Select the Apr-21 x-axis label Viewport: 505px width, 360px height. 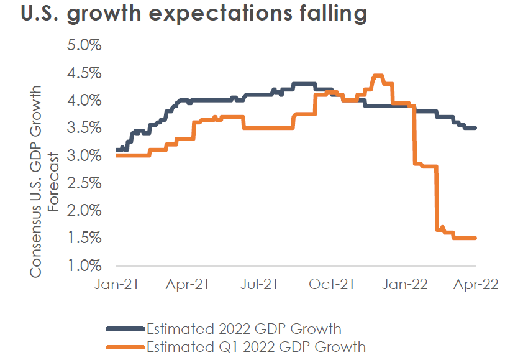click(188, 285)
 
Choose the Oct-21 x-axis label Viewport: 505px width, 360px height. click(332, 285)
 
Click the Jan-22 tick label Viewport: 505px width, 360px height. click(403, 285)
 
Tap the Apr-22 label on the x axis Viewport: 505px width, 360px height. click(475, 285)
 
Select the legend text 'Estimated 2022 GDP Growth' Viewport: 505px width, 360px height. click(243, 328)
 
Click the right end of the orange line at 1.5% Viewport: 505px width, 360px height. click(475, 238)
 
